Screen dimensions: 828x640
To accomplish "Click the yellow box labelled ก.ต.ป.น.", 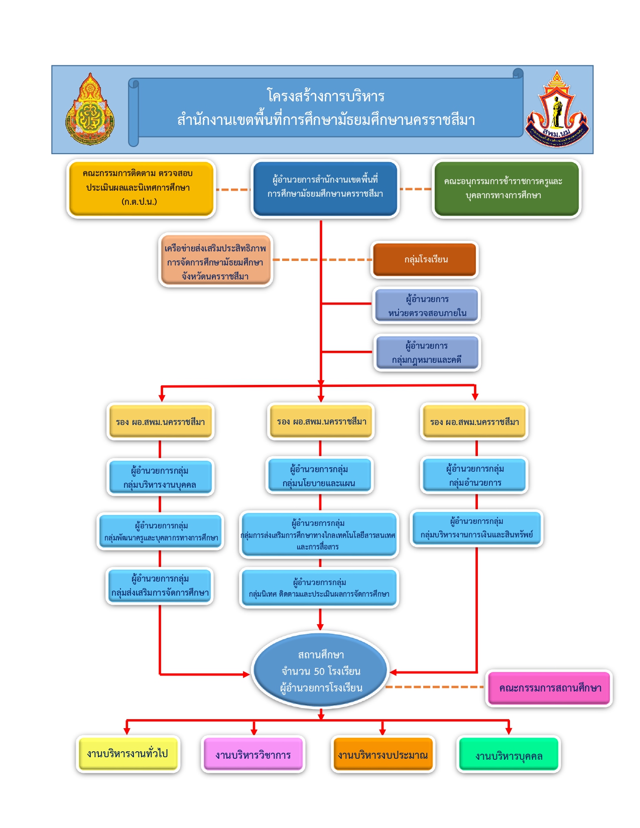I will point(141,188).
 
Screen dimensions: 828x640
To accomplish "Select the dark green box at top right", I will point(506,189).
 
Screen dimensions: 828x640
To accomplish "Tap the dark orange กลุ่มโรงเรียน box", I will point(425,259).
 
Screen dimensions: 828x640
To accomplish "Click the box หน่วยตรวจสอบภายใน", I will point(427,306).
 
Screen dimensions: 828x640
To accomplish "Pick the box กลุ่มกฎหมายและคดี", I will point(427,353).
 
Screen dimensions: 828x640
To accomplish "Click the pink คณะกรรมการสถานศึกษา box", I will point(549,688).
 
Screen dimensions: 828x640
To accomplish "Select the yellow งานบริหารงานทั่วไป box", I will point(127,754).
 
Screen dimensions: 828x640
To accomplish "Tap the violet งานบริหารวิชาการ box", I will point(253,755).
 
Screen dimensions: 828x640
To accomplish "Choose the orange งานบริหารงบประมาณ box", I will point(382,755).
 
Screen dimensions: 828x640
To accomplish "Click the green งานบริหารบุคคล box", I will point(508,755).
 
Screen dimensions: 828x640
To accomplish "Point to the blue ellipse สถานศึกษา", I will point(320,670).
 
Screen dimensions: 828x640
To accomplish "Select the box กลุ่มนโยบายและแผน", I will point(319,476).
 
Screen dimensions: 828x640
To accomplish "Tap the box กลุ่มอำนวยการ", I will point(474,475).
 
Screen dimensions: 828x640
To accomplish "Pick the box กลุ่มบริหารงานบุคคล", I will point(160,477).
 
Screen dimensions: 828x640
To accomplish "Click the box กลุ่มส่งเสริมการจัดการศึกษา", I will point(160,586).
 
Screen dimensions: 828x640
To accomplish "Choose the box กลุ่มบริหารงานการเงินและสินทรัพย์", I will point(476,528).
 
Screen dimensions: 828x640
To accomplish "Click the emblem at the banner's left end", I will point(90,109).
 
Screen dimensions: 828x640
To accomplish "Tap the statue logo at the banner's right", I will point(557,109).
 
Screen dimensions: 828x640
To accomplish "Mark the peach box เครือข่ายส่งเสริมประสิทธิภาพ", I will point(215,260).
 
